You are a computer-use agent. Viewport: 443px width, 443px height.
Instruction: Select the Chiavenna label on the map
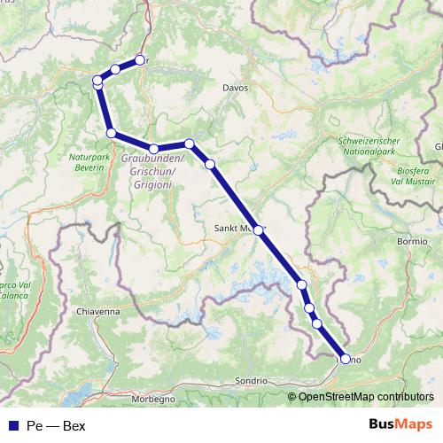click(x=99, y=312)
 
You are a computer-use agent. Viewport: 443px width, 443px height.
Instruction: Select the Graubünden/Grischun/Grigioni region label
click(x=150, y=171)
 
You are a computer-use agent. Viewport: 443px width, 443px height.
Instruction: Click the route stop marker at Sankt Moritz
click(x=259, y=229)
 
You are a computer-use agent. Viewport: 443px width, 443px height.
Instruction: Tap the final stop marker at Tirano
click(x=345, y=360)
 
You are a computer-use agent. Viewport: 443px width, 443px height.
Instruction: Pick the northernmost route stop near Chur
click(x=139, y=60)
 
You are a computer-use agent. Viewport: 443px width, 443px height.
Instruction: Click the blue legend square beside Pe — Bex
click(x=11, y=426)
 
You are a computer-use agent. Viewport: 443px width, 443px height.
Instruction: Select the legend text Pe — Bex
click(x=57, y=426)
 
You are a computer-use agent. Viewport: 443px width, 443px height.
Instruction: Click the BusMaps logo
click(x=400, y=425)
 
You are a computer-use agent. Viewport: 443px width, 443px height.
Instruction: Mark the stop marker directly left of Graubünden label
click(x=111, y=133)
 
